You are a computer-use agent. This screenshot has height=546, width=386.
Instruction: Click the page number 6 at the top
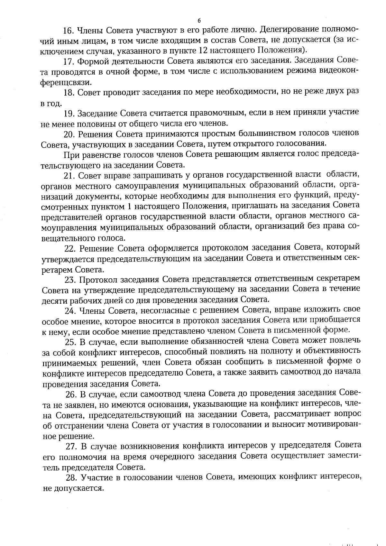[199, 21]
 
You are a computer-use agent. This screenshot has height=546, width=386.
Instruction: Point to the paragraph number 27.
[71, 446]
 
